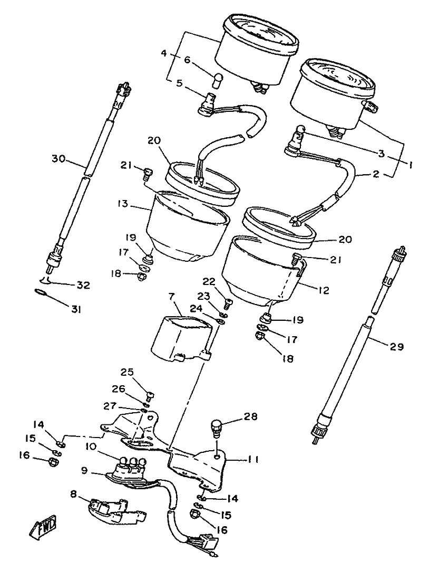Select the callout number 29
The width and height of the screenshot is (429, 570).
[396, 347]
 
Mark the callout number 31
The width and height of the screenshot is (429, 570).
[77, 310]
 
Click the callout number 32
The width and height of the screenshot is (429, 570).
[83, 286]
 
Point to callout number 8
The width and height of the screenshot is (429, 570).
[73, 495]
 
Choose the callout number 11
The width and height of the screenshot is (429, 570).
[253, 460]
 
